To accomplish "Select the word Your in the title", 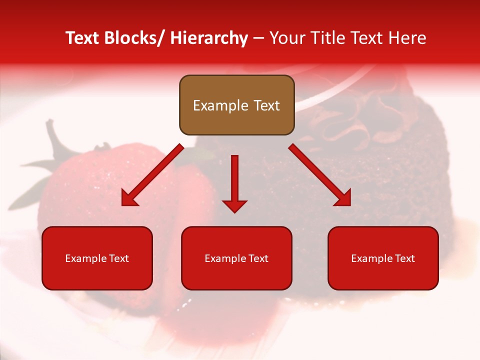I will (x=287, y=38).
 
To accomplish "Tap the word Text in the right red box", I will (x=404, y=258).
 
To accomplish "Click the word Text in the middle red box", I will (x=258, y=258).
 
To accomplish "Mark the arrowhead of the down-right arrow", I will (x=343, y=198).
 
